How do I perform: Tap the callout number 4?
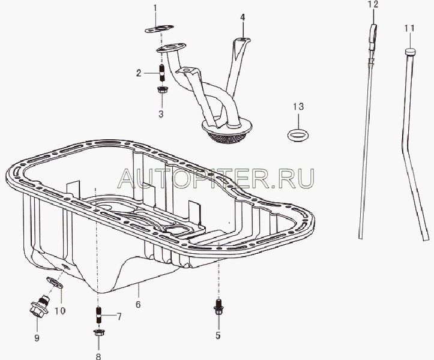[x=243, y=18]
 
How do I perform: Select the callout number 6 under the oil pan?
[x=138, y=304]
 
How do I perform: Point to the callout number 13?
[x=298, y=107]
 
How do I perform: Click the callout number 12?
[x=373, y=4]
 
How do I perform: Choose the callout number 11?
[x=409, y=28]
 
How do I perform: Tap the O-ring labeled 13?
[x=298, y=136]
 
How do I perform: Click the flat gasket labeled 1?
[x=159, y=29]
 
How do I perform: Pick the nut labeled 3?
[x=161, y=89]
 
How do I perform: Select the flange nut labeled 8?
[x=98, y=332]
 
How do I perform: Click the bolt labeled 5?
[x=219, y=307]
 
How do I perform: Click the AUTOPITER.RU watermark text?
[x=216, y=178]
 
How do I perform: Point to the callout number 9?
[x=37, y=338]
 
